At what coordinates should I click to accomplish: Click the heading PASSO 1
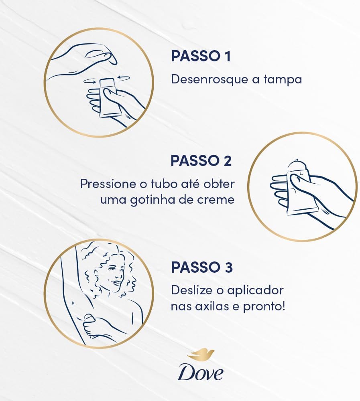click(201, 56)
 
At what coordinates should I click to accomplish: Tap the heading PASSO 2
click(201, 161)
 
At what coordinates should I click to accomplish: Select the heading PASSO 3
click(202, 267)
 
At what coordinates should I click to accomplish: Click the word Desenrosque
click(210, 79)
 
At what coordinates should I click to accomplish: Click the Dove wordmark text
click(201, 373)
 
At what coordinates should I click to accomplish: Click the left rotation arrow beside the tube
click(90, 81)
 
